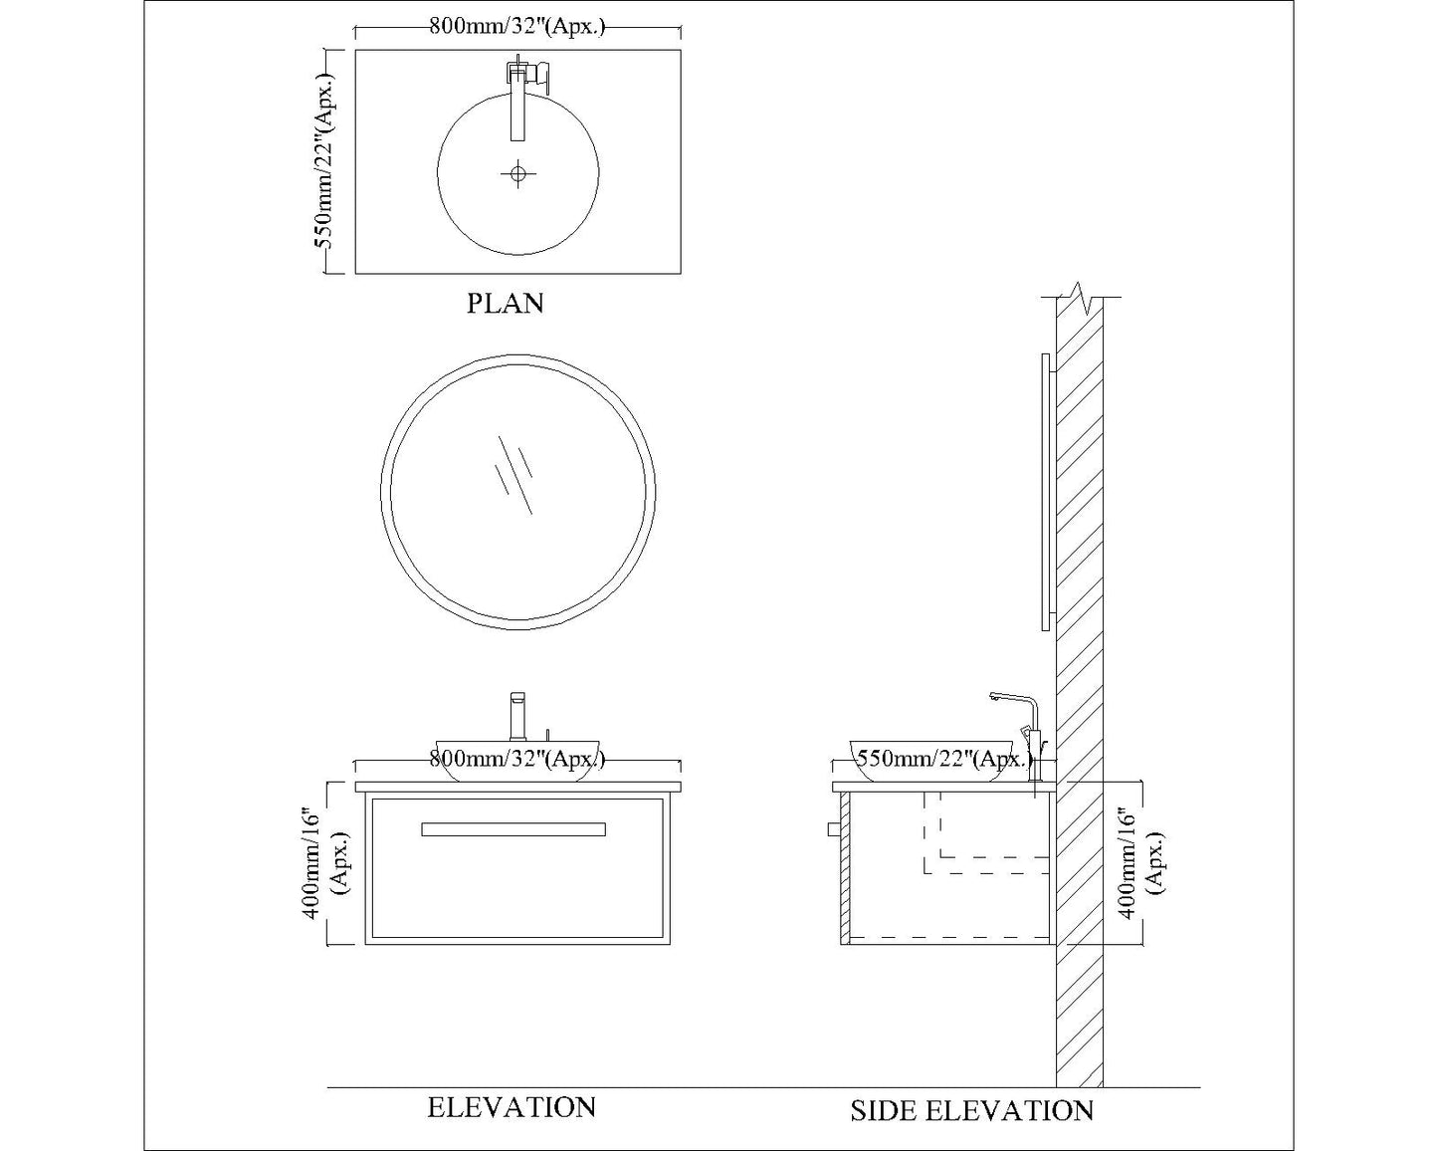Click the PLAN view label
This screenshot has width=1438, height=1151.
point(506,304)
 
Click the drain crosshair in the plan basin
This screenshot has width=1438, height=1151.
point(517,174)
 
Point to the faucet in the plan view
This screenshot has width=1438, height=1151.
point(525,99)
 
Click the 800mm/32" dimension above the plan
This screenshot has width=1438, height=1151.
point(516,27)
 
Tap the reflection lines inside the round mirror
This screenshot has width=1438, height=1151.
point(514,476)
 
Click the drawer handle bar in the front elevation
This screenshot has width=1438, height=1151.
point(514,829)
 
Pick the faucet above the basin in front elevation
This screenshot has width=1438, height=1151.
point(517,716)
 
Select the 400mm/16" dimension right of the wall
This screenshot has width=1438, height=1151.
point(1141,865)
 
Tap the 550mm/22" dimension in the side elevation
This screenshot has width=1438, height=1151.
point(944,759)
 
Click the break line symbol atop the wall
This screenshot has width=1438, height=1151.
point(1081,299)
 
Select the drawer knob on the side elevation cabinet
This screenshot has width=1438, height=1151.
point(833,829)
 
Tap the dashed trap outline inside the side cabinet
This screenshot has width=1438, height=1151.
point(986,832)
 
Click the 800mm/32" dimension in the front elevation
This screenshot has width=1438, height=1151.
point(516,759)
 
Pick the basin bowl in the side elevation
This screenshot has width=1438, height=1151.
point(930,762)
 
